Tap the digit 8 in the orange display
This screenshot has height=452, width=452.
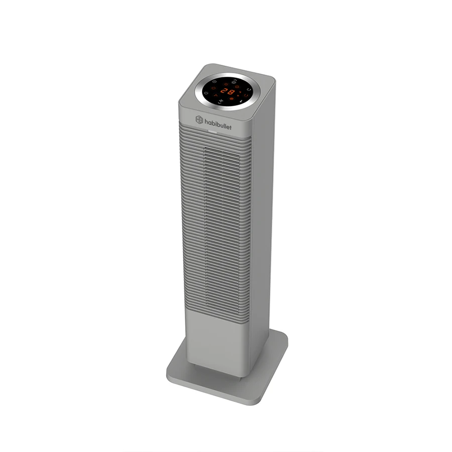(231, 92)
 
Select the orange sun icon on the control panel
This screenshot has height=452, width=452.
(227, 84)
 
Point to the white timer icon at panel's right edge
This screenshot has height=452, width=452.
(249, 89)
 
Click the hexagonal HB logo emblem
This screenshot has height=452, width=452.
(199, 120)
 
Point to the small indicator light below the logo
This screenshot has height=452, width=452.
(213, 133)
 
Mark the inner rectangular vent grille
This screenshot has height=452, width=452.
(221, 226)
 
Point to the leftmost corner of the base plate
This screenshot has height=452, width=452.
(167, 372)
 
